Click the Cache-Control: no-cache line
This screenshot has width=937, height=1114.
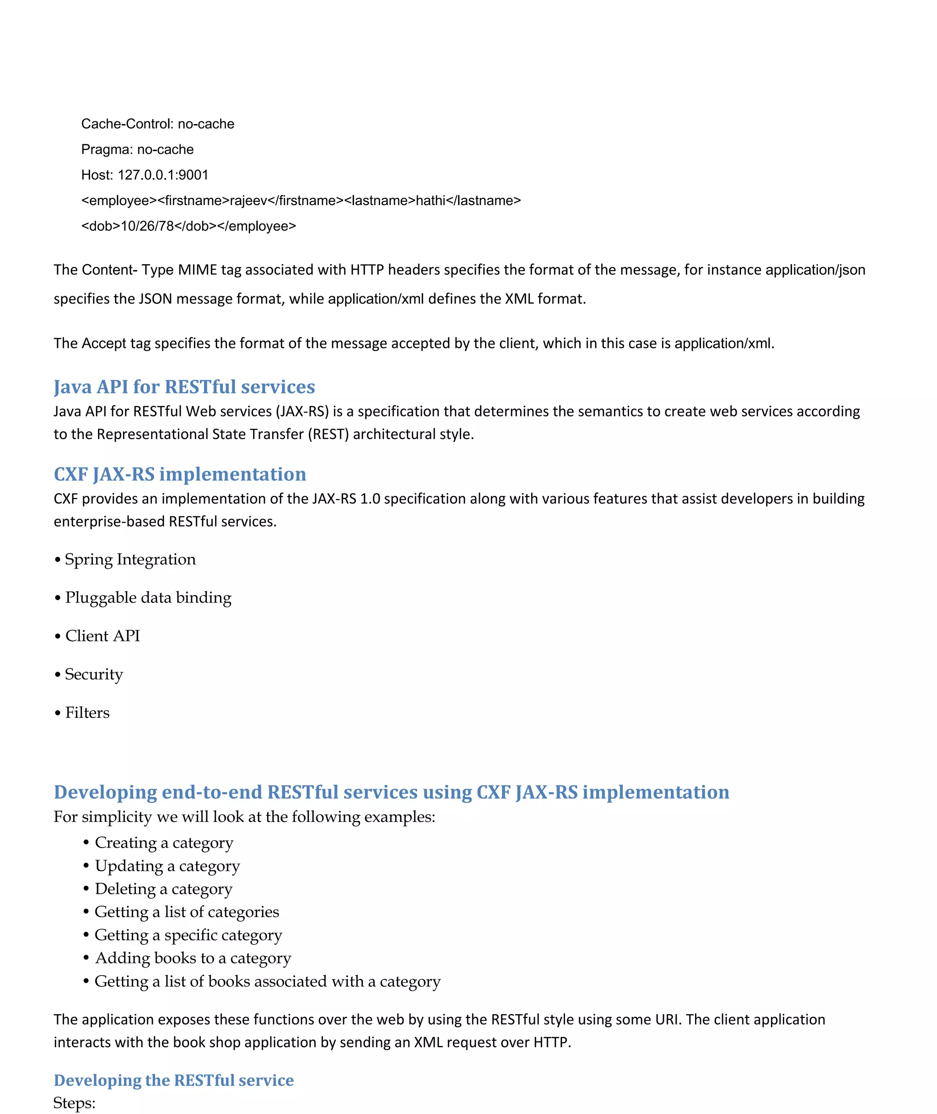158,124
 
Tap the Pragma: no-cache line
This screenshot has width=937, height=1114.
137,149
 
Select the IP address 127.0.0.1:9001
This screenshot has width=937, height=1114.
163,175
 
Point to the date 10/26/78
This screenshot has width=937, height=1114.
147,226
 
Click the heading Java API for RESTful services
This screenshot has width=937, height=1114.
184,386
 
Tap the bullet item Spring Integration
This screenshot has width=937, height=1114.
129,559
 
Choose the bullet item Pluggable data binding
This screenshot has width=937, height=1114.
148,598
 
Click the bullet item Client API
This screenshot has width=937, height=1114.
102,636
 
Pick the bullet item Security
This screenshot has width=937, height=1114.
93,674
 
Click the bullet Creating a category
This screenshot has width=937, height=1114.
164,842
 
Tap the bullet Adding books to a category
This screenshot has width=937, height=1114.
192,958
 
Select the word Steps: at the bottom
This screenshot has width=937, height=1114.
75,1103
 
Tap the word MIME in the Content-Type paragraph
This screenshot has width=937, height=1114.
197,270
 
